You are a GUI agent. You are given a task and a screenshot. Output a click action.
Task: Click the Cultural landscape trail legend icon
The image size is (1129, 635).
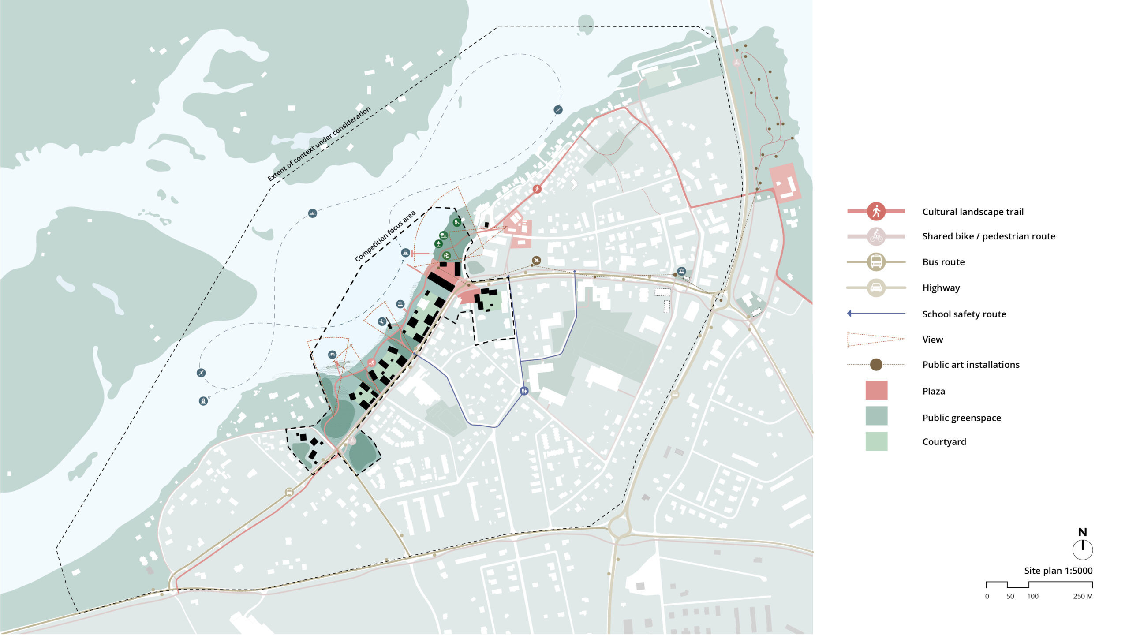876,211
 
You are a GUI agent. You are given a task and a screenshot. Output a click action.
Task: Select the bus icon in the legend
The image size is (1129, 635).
876,262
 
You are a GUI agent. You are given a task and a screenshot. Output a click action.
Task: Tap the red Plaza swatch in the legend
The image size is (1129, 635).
876,390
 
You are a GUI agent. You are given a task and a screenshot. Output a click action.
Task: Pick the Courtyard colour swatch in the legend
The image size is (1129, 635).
876,441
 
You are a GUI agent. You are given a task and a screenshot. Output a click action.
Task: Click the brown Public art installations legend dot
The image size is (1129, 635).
876,364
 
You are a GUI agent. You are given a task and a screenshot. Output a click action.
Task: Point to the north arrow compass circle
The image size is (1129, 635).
1082,549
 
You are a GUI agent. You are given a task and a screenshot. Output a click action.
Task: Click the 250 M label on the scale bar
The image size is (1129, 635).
1082,596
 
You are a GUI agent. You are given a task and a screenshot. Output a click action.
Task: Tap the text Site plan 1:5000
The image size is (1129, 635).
1058,571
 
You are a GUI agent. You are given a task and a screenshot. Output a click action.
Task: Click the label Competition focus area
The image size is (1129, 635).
385,236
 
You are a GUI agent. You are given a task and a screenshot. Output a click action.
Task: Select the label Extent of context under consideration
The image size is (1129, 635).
319,144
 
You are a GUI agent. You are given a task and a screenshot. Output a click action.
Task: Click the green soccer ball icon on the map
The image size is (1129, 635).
446,255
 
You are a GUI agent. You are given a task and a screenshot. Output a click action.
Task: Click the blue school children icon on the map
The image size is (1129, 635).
524,391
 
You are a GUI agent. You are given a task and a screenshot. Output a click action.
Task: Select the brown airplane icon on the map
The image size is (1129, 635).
536,261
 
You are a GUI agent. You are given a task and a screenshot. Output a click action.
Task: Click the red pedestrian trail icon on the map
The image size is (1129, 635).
537,189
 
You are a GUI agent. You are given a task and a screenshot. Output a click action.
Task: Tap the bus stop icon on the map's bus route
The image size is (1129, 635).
289,492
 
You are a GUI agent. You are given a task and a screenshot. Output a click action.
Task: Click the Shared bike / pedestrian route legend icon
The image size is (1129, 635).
876,236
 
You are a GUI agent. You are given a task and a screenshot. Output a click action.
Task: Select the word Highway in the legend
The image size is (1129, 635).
941,288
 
